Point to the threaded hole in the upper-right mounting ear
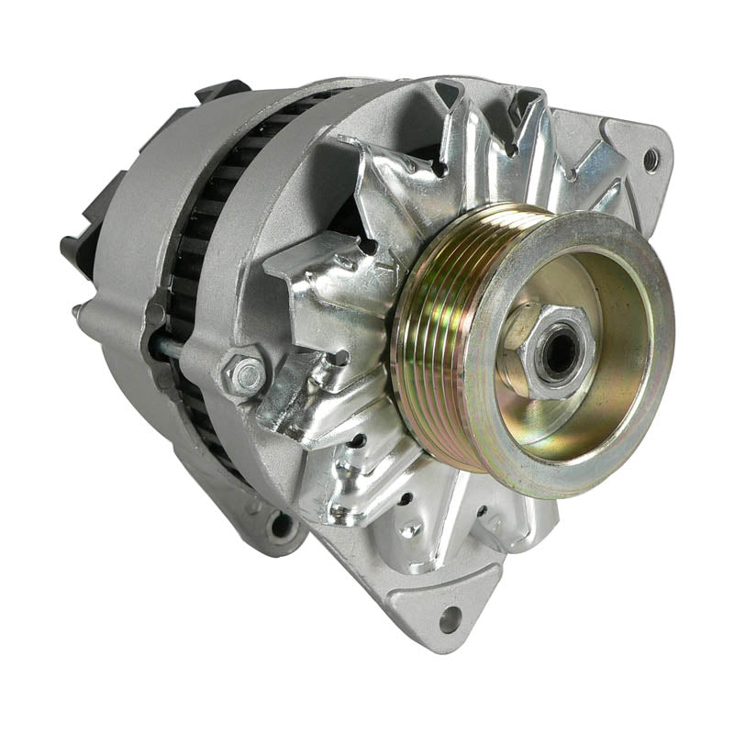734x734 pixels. click(651, 161)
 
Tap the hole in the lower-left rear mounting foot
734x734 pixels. click(279, 527)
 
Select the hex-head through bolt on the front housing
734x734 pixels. click(243, 374)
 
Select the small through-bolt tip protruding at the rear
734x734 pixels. click(77, 312)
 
